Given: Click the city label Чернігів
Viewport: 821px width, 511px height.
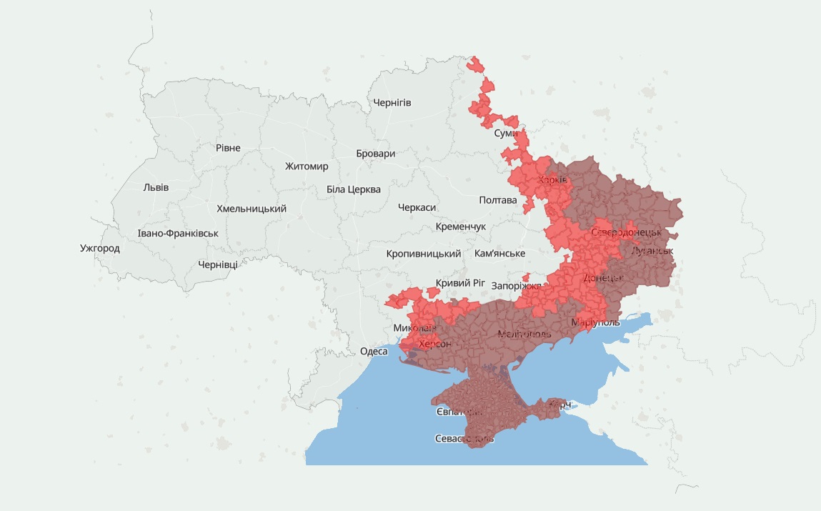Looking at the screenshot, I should coord(392,103).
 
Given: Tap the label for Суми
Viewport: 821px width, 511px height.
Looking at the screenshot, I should coord(506,134).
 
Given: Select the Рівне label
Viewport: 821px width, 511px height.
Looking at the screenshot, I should coord(228,148).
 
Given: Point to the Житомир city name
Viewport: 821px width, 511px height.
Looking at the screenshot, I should coord(307,167).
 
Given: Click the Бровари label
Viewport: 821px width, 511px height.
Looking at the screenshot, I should coord(375,154).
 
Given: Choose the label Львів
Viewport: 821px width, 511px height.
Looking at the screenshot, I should coord(156,187).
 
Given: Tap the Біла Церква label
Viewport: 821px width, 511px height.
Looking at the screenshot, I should coord(354,189).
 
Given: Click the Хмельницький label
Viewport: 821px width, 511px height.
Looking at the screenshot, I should coord(252,209).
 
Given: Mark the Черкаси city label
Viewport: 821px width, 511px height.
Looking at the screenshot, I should coord(417,207).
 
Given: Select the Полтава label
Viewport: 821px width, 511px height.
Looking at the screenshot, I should coord(498,200).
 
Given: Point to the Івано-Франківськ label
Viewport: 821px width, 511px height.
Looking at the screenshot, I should coord(178,234).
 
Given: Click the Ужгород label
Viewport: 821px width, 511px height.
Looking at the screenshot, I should coord(100,249).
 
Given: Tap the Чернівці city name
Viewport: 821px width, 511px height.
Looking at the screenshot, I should coord(218,264).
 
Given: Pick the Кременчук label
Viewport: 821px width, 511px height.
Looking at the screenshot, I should coord(460,227).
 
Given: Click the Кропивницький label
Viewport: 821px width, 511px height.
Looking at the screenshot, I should coord(424,254).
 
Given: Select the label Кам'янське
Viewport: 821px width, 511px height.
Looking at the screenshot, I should coord(499,254).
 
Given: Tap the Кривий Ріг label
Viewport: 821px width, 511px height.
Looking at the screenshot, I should coord(460,283).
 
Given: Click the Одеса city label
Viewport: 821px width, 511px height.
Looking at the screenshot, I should coord(374,351).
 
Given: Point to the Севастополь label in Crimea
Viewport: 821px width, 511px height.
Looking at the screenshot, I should coord(464,439).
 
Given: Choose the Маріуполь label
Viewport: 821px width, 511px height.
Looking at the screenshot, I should coord(595,323).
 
